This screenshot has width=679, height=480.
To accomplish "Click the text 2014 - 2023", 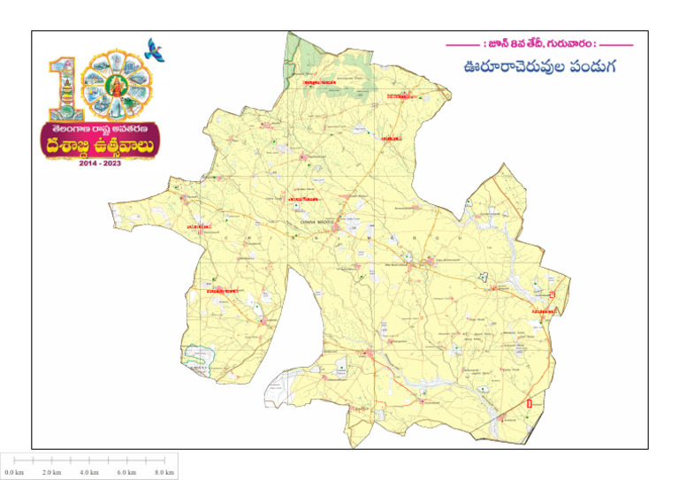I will pos(102,164).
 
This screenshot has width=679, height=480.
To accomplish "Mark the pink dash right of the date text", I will pos(616,43).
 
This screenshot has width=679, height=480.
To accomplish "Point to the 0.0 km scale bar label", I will pos(14,473).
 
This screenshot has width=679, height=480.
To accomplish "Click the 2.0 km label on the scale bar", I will pos(51,473).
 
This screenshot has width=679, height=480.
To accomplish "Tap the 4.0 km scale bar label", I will pos(88,473).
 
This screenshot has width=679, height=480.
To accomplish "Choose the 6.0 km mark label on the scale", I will pos(126,473).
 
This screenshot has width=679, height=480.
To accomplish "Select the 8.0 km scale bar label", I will pos(164,473).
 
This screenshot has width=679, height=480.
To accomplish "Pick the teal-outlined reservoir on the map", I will pos(193,355).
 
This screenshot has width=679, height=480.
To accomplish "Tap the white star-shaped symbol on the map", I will pos(482,277).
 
